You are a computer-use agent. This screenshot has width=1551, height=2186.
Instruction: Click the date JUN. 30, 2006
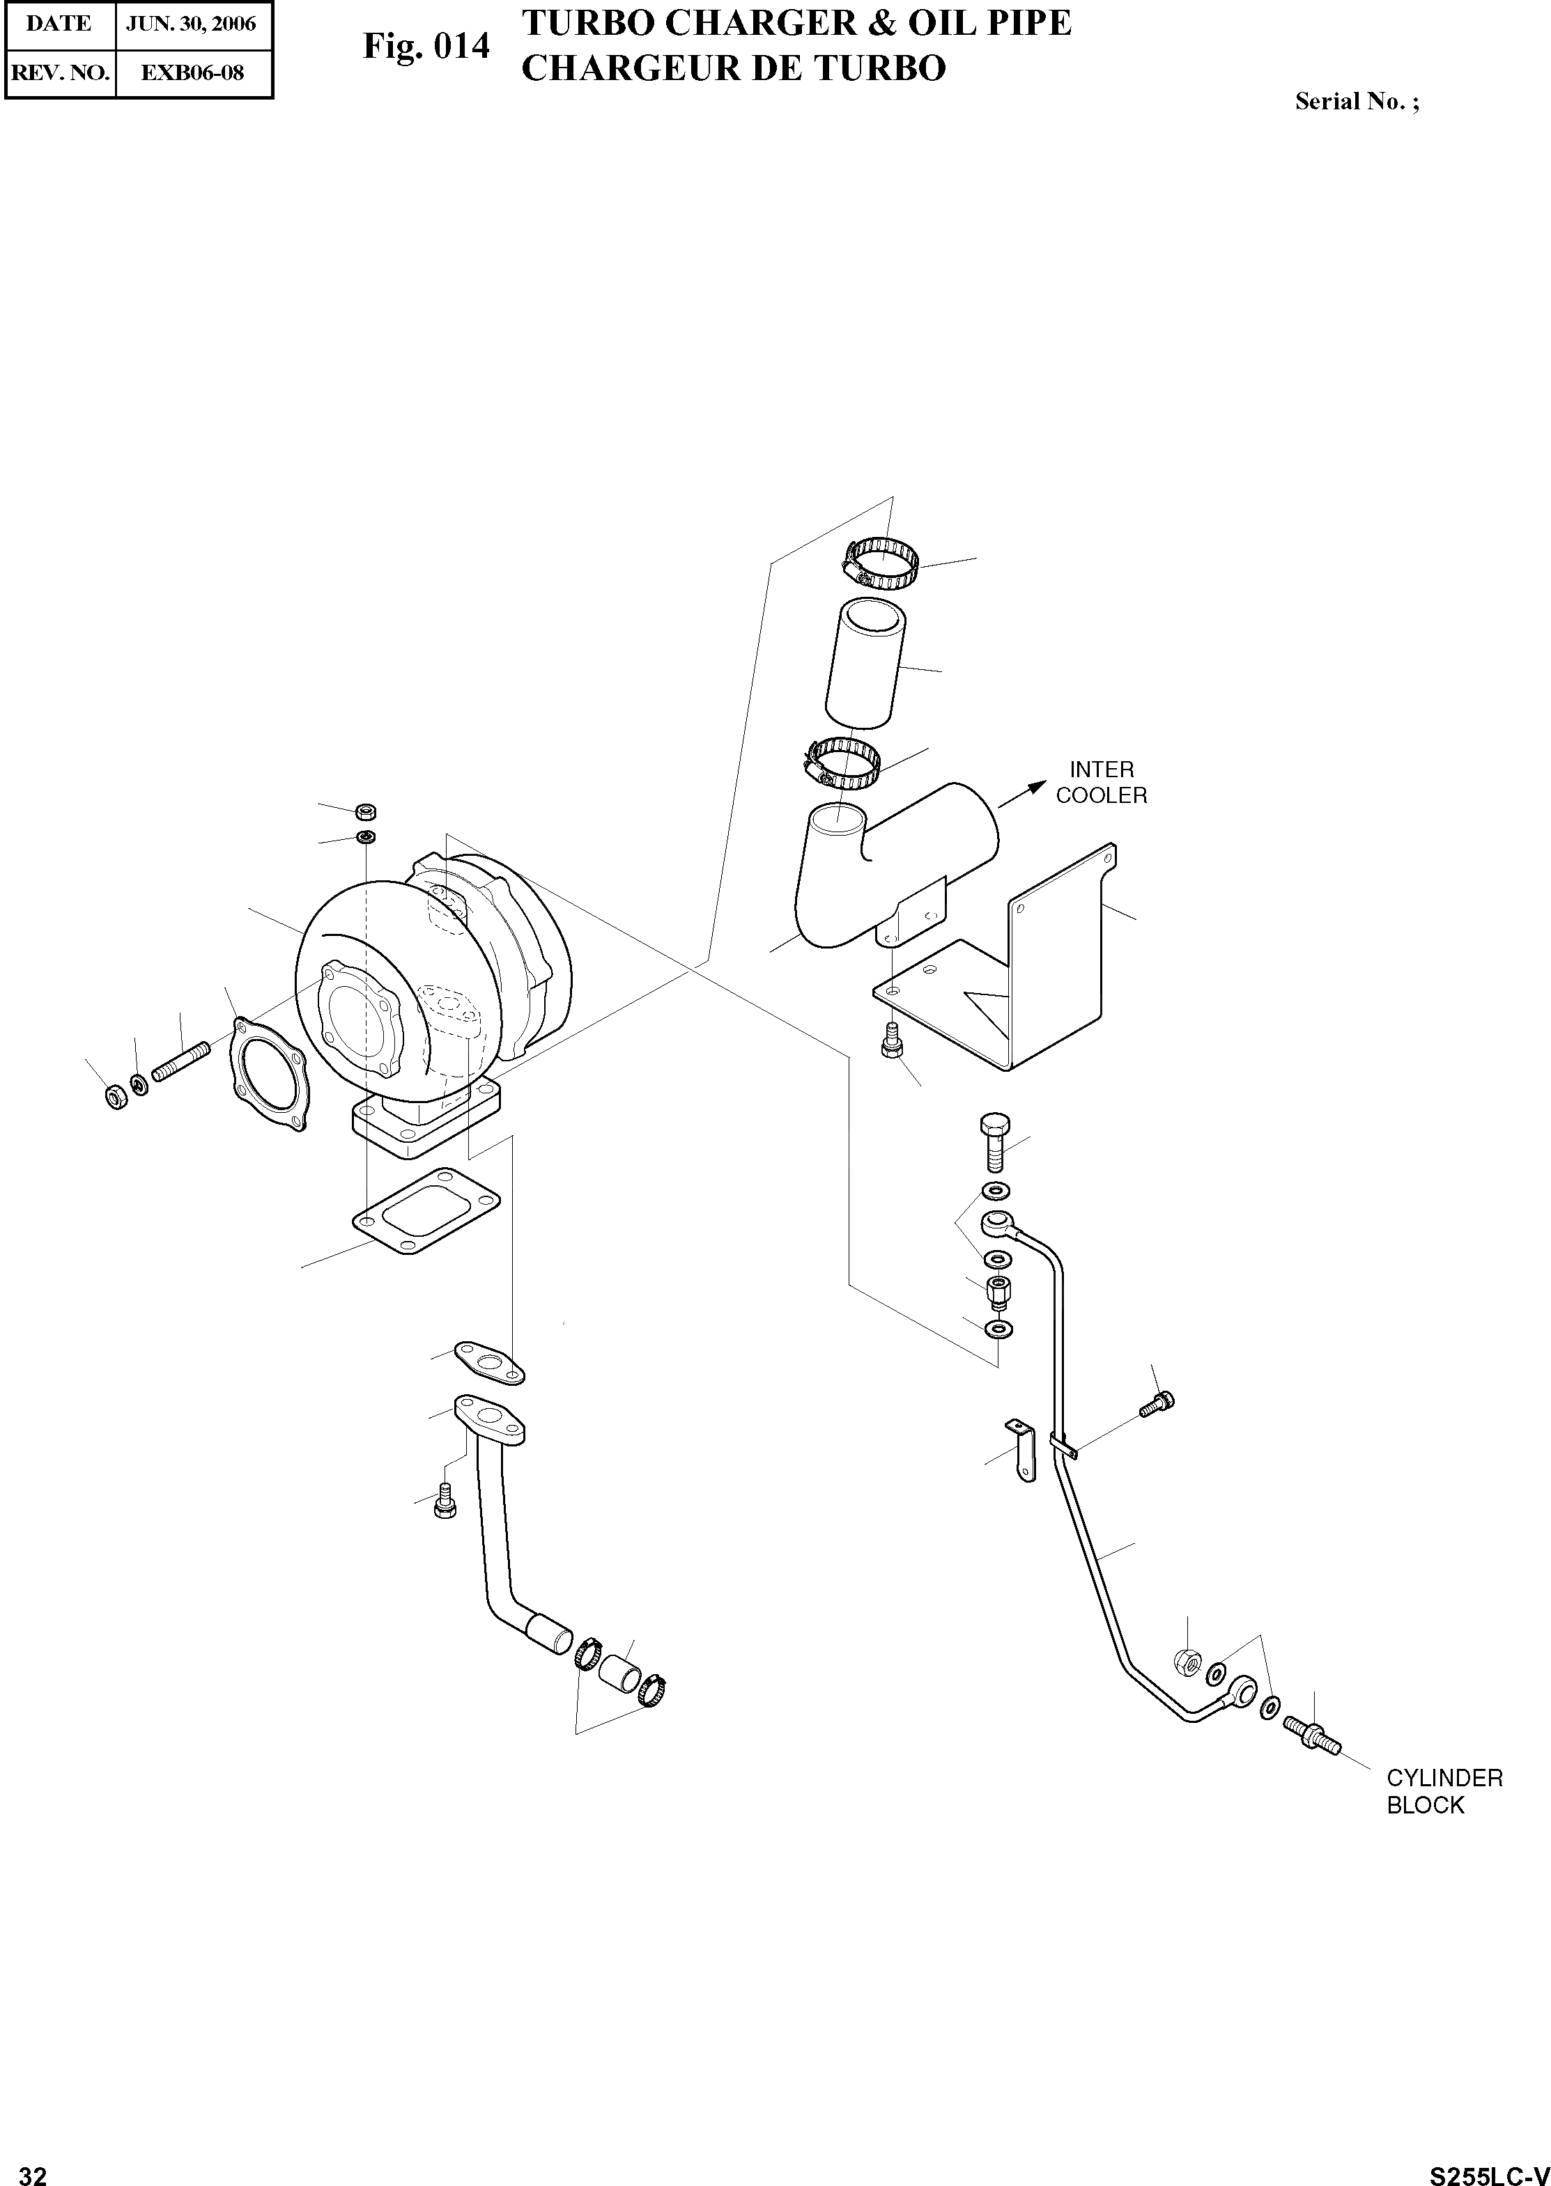[191, 24]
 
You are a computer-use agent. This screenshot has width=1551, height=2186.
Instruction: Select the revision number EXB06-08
[192, 72]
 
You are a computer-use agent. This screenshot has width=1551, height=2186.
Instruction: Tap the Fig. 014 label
[426, 46]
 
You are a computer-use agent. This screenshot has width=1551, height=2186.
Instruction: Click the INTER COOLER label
[1101, 782]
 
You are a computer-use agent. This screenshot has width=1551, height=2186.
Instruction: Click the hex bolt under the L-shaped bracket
[890, 1040]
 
